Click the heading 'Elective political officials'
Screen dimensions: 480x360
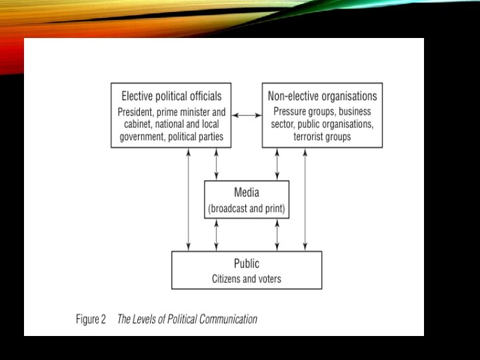click(171, 95)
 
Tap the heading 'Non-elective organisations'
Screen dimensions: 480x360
click(322, 95)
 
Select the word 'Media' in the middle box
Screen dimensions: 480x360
click(247, 193)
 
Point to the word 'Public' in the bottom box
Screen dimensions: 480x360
click(247, 263)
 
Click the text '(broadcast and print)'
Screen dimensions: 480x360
click(247, 209)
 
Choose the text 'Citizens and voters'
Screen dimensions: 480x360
click(247, 279)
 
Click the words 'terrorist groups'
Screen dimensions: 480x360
click(322, 137)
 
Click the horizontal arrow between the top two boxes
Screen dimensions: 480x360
click(247, 115)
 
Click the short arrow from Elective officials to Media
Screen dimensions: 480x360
click(216, 164)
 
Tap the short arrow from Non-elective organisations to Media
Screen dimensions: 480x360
click(277, 164)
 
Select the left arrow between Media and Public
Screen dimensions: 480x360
click(216, 234)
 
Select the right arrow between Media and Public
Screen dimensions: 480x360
click(277, 234)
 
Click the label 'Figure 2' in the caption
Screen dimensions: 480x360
click(91, 319)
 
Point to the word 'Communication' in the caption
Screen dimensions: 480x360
click(228, 319)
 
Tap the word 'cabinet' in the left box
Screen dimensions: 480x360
click(139, 125)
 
